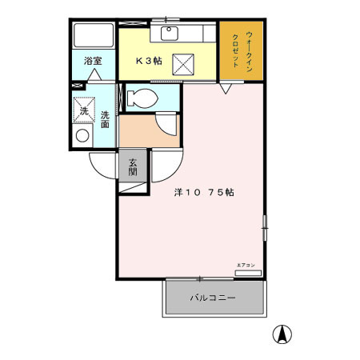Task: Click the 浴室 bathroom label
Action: click(93, 61)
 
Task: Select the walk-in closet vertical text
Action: click(242, 51)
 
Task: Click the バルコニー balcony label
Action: click(212, 298)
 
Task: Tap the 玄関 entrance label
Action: click(133, 167)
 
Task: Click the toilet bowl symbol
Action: click(141, 99)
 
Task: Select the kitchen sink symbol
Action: click(170, 33)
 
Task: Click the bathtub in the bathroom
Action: click(94, 36)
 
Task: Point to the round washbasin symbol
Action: click(82, 136)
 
